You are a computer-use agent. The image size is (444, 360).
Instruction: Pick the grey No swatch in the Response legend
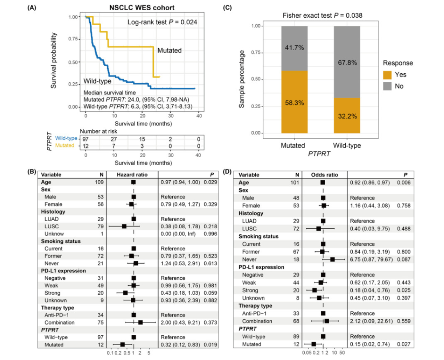[x=388, y=86]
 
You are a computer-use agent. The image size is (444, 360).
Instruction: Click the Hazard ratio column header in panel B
[x=133, y=174]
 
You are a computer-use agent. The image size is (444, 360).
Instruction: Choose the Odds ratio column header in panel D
[x=325, y=174]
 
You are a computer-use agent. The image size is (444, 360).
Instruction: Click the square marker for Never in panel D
[x=333, y=259]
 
